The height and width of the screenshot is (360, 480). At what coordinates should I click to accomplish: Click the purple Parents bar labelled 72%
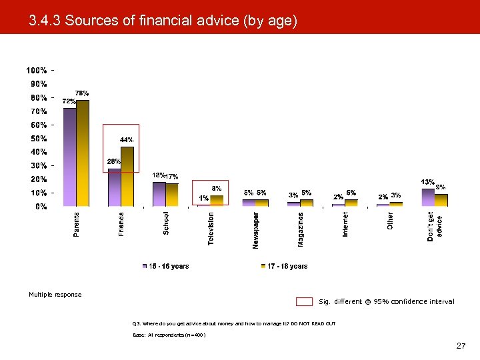70,157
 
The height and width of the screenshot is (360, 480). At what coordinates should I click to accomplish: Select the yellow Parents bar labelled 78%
83,153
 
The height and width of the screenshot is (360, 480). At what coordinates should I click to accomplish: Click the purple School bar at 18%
159,194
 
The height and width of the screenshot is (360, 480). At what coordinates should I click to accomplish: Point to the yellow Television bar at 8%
217,201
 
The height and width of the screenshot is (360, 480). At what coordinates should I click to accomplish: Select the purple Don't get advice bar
428,197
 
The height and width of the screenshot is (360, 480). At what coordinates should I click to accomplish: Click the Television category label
211,228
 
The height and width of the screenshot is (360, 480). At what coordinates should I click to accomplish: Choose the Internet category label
345,224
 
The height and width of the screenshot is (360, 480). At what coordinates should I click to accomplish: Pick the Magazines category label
301,229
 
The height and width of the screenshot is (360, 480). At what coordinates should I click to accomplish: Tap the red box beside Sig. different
304,301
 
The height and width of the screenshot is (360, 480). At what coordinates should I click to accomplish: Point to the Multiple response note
55,295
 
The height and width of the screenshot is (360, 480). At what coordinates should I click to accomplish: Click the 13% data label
427,182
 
